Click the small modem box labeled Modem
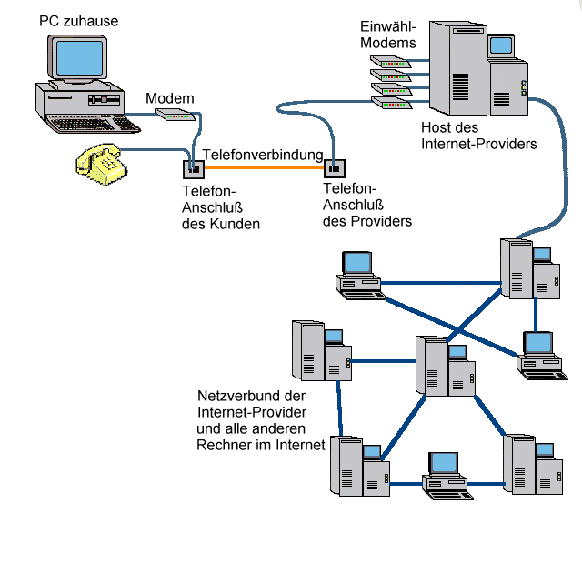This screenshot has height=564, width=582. pos(173,115)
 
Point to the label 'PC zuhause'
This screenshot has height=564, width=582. pos(78,19)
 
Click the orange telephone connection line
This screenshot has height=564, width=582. pos(264,167)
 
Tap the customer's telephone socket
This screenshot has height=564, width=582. pos(193,168)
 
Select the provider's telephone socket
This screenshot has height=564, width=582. pos(335,167)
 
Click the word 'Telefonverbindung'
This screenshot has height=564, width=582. pos(263,155)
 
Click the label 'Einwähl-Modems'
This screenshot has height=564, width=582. pos(387,34)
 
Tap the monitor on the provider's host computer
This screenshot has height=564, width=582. pos(501,45)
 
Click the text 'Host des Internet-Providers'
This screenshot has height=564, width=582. pos(478,136)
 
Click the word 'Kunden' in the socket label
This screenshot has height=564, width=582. pos(239,224)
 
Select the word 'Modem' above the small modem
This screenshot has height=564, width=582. pos(169,98)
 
